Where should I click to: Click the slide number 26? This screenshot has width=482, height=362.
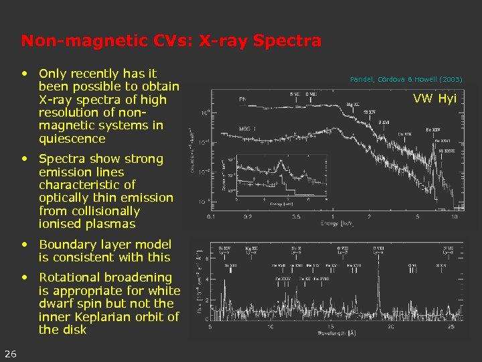point(10,354)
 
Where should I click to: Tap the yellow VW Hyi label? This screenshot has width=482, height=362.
point(434,99)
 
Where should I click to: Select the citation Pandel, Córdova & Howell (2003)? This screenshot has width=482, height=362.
point(406,79)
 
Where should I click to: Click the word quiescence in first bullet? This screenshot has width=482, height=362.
point(72,139)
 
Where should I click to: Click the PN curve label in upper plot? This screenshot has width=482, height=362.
point(243,99)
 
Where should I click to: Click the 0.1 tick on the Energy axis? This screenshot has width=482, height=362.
point(212,217)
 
